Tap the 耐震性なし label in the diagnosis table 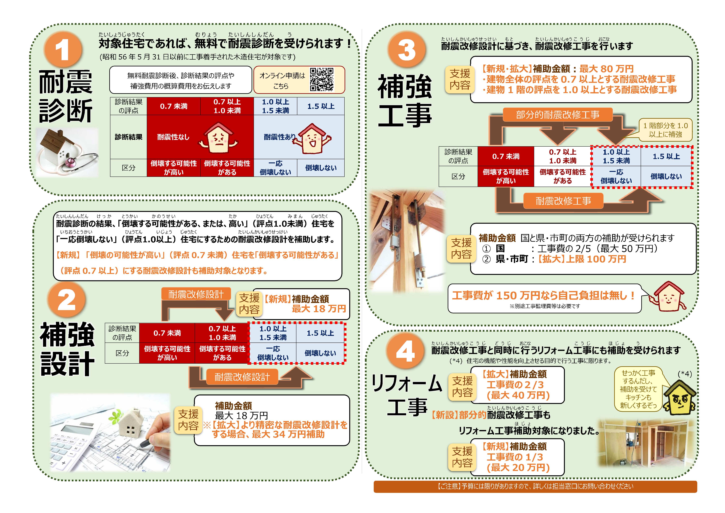click(x=173, y=137)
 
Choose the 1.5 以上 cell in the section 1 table click(x=321, y=106)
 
